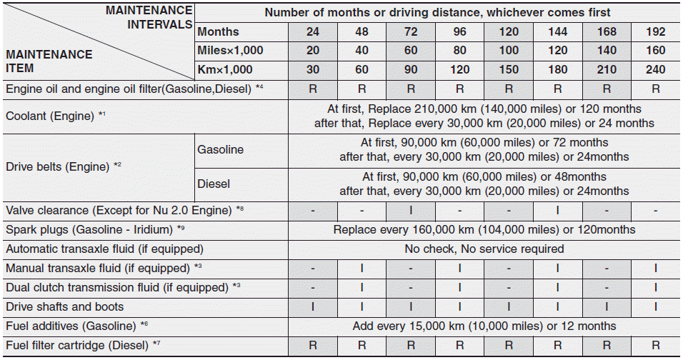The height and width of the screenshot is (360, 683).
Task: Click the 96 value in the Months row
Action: click(x=459, y=32)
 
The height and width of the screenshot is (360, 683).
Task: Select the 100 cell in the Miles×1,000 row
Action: click(x=508, y=51)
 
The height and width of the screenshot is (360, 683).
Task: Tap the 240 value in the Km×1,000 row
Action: click(x=655, y=70)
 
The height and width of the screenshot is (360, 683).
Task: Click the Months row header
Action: click(x=219, y=32)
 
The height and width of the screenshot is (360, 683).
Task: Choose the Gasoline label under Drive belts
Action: click(x=221, y=150)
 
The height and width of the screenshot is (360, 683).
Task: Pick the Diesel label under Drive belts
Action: click(x=214, y=184)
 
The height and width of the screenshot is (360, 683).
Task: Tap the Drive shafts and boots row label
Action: click(x=65, y=307)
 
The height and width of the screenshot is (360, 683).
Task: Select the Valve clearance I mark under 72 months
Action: click(x=410, y=211)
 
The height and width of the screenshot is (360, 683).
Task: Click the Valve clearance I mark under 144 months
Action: click(x=557, y=211)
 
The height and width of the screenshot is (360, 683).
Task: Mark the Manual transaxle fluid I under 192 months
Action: click(x=655, y=269)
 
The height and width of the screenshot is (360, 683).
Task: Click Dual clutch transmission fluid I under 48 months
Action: click(x=362, y=288)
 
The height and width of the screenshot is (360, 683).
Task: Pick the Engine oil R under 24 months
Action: click(x=312, y=89)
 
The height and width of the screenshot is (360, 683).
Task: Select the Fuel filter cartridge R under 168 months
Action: click(x=607, y=345)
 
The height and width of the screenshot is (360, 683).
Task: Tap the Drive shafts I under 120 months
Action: click(x=508, y=307)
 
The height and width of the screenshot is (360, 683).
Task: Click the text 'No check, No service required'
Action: click(x=484, y=249)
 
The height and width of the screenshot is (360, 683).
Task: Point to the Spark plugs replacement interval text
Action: click(x=484, y=230)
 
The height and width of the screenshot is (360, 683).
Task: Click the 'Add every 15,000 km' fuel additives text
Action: click(x=484, y=326)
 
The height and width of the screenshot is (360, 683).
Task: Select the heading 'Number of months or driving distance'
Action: click(x=437, y=13)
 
